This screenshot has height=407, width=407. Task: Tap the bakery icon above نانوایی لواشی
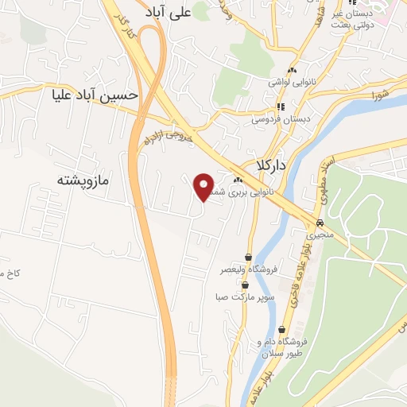tap(293, 71)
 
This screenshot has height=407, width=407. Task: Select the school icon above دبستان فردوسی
tap(280, 107)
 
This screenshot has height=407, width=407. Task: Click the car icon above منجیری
tap(320, 223)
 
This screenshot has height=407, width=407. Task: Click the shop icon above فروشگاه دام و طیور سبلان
tap(282, 329)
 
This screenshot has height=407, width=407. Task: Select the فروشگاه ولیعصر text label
tap(249, 270)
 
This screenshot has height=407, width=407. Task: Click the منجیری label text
tap(320, 236)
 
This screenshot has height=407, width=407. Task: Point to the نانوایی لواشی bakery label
tap(293, 83)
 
